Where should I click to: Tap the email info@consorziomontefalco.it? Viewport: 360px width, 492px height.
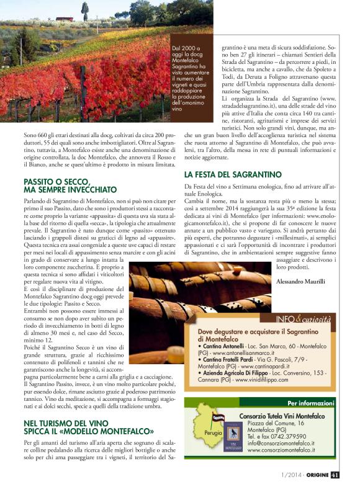[281, 443]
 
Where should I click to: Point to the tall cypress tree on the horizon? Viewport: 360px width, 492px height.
[84, 11]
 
